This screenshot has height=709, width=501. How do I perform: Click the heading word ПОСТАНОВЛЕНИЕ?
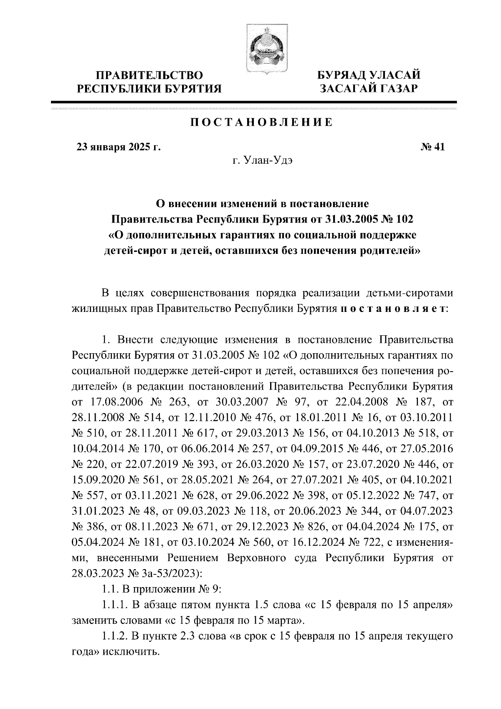coord(262,123)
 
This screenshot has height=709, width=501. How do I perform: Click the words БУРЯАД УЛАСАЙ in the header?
coord(369,76)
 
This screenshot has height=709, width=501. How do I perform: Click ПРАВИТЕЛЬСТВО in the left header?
coord(150,76)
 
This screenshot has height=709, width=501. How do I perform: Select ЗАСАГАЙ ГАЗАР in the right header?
coord(369,88)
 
